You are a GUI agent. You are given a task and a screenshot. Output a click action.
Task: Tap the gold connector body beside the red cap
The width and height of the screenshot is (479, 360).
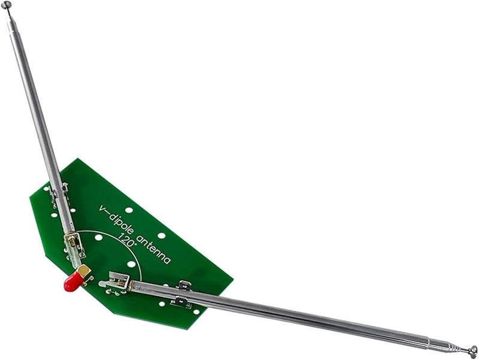pyautogui.click(x=84, y=272)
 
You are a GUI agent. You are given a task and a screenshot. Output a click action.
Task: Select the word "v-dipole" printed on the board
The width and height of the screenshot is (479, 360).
pyautogui.click(x=117, y=220)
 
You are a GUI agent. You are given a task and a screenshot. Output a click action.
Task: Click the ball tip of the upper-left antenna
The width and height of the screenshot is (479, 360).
pyautogui.click(x=7, y=5)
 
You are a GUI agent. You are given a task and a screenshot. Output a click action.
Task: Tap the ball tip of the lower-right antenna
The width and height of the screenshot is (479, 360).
pyautogui.click(x=473, y=349)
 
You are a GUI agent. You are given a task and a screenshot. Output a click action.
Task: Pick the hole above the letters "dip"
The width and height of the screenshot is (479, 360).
pyautogui.click(x=129, y=210)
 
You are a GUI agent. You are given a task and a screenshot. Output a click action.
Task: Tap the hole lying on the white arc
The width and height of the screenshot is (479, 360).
pyautogui.click(x=131, y=264)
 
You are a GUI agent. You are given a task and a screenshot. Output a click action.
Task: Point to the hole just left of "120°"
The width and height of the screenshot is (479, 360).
pyautogui.click(x=98, y=238)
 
